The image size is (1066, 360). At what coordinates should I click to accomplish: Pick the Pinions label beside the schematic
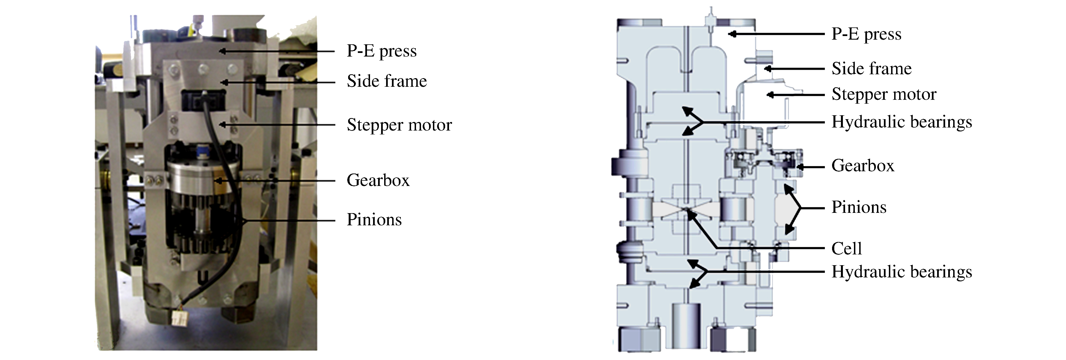(859, 207)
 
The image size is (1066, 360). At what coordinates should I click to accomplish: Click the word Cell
(847, 249)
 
